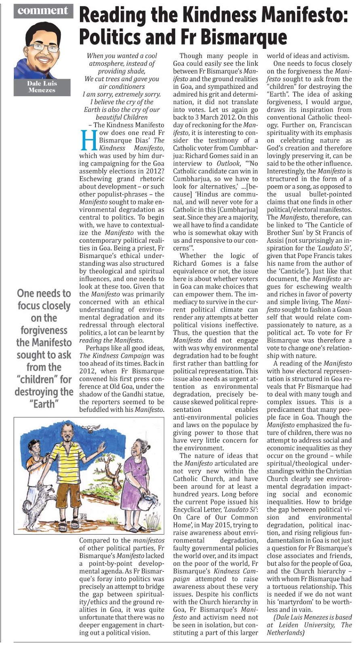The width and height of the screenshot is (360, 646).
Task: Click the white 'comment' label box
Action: coord(43,10)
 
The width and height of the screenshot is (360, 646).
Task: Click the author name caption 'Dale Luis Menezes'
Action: coord(42,86)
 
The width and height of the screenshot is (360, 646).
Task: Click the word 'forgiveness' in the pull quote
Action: coord(44,330)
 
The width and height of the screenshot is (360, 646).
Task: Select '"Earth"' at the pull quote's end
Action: coord(44,404)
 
